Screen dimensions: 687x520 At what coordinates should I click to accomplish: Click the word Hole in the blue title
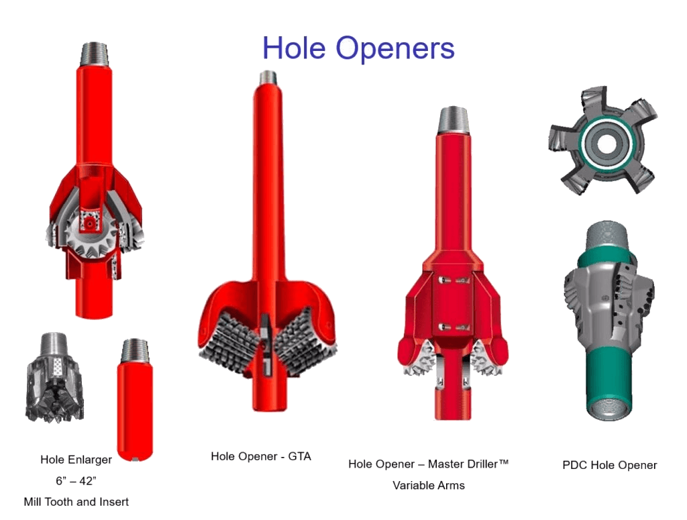pos(294,48)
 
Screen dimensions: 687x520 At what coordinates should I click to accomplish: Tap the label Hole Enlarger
pos(76,460)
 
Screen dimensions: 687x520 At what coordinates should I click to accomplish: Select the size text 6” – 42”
pos(76,481)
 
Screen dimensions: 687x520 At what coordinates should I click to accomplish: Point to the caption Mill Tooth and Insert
pos(76,502)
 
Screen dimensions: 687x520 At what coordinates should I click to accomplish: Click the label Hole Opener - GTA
pos(261,456)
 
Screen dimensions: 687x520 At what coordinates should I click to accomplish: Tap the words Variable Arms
pos(429,485)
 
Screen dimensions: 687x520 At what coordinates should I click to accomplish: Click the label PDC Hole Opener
pos(609,465)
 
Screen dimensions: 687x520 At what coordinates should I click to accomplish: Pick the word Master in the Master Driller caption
pos(445,464)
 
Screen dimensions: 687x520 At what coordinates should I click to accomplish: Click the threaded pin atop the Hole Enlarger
pos(94,54)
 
